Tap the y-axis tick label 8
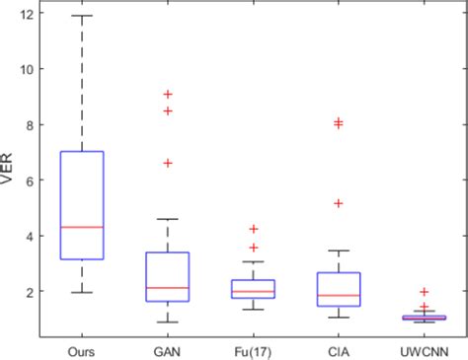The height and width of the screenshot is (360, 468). coord(33,125)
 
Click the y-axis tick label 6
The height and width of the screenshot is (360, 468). coord(33,180)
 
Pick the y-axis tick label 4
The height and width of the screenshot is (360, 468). coord(33,237)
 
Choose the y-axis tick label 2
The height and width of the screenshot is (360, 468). coord(33,292)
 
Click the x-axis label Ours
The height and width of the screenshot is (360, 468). coord(82,349)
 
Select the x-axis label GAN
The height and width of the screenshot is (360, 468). coord(167,349)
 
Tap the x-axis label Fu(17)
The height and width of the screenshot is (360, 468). coord(253,349)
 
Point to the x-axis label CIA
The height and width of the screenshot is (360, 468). coord(338,349)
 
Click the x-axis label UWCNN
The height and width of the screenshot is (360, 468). coord(423,349)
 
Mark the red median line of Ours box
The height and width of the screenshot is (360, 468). coord(82,227)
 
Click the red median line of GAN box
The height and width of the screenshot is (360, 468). coord(167,288)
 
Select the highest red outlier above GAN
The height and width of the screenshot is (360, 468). coord(168,95)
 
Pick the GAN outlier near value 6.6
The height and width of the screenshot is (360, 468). coord(168,163)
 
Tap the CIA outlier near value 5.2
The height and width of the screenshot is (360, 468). coord(338,203)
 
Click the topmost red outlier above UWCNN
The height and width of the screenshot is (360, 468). coord(424,292)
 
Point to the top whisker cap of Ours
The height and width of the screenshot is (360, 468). coord(82,16)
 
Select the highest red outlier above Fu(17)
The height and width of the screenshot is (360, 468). coord(253,229)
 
